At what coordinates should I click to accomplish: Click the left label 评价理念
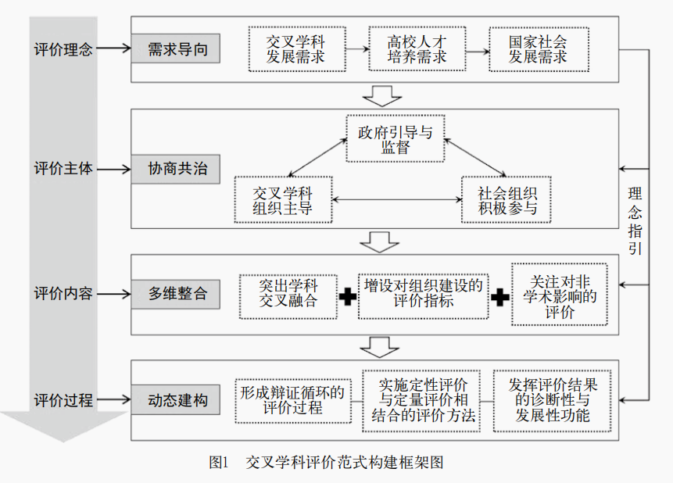(63, 49)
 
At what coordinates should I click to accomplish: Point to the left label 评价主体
(63, 169)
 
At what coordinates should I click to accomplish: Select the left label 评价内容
(63, 295)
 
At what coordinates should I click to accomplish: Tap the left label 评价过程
(63, 400)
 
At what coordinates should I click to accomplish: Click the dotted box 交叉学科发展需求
(295, 48)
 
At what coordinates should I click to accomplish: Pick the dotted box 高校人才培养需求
(417, 48)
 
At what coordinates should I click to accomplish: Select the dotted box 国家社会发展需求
(538, 48)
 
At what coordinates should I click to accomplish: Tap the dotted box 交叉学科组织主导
(282, 200)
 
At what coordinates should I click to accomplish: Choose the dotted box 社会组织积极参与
(507, 200)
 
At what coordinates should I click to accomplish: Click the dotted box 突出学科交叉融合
(288, 295)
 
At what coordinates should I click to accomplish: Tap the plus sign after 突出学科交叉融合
(348, 296)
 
